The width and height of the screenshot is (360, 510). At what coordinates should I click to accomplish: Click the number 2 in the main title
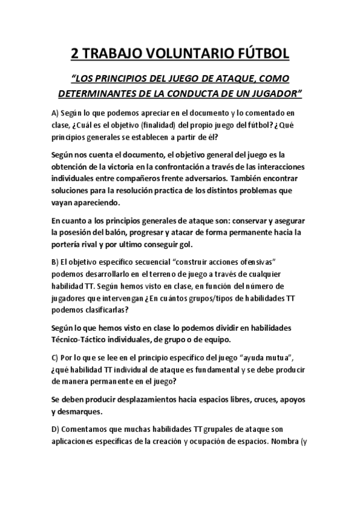click(x=75, y=54)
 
